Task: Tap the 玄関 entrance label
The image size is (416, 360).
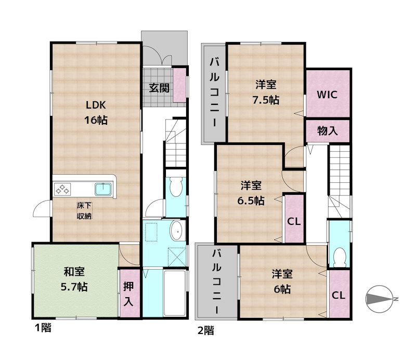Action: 159,88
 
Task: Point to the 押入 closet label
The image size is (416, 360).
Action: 128,293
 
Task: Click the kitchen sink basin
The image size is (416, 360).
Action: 102,189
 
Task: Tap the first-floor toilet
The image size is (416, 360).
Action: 177,185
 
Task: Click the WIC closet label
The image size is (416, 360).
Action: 328,95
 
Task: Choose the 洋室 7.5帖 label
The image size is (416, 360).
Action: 266,91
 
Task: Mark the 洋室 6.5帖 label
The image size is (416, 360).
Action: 252,193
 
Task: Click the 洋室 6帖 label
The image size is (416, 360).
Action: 281,281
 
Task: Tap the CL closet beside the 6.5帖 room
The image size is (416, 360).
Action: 293,221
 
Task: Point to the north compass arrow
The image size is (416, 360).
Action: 382,299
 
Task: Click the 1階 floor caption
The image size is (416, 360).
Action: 42,328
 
